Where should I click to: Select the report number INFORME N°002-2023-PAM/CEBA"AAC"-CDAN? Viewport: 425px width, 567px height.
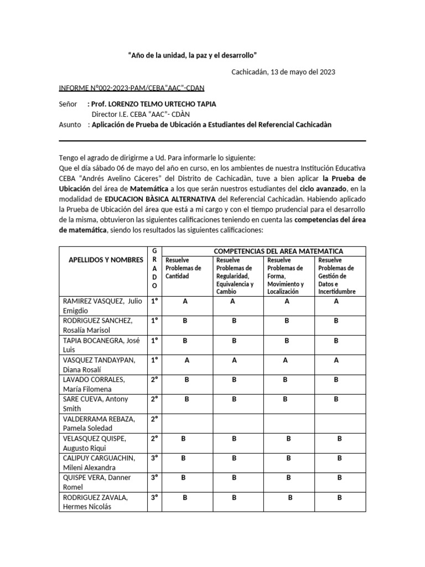[131, 89]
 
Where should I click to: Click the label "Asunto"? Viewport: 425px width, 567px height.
[70, 125]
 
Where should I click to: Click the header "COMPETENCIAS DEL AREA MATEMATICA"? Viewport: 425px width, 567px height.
[278, 251]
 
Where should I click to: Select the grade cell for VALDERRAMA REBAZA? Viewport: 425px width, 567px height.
[154, 424]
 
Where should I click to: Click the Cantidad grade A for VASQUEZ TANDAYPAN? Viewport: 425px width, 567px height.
[187, 360]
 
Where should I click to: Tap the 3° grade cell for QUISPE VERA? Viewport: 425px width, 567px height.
[154, 482]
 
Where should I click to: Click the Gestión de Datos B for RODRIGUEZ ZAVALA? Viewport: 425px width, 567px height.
[340, 497]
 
